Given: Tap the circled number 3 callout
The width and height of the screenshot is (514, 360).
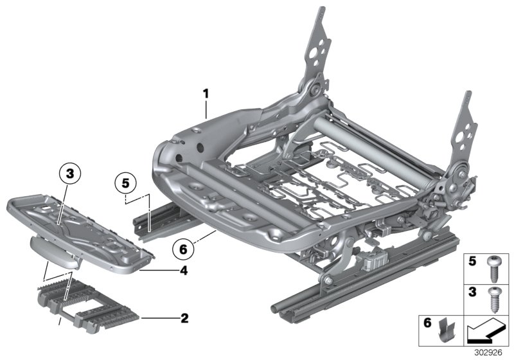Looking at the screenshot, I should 71,172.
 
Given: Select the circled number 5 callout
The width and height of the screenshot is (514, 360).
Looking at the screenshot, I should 126,183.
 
